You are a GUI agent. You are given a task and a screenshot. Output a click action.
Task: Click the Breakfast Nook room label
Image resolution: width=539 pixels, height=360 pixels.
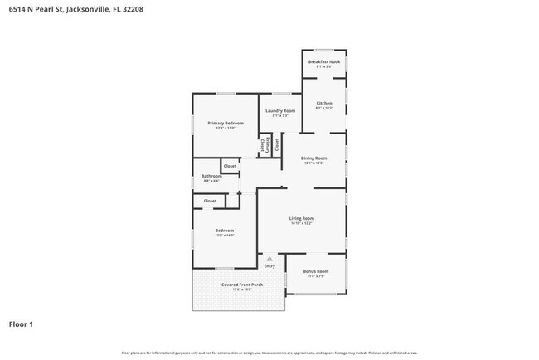point(324,61)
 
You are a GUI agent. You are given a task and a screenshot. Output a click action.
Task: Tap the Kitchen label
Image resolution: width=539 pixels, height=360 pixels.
point(324,104)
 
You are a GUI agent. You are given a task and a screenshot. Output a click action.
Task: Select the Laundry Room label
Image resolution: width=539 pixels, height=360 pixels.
point(280,110)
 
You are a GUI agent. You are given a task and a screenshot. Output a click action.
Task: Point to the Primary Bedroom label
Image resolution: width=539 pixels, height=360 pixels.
point(226,123)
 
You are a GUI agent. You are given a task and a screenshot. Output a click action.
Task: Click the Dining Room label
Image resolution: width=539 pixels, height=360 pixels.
point(313,158)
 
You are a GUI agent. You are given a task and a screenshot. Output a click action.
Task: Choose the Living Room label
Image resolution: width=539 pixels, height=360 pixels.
point(301,218)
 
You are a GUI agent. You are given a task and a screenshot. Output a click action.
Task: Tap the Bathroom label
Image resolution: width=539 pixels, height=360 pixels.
point(211,175)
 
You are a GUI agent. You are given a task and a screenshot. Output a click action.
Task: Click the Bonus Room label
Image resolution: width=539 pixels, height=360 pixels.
point(316,271)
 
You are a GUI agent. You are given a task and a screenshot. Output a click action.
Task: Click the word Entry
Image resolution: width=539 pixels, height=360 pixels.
point(269,265)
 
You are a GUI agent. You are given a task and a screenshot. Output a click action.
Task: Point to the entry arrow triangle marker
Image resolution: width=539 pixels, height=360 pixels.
point(269,258)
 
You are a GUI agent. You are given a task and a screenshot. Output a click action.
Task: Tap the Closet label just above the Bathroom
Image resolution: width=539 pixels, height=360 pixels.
point(230,166)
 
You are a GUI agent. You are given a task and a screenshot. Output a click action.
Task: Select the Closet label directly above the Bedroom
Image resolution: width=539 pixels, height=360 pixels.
point(210,200)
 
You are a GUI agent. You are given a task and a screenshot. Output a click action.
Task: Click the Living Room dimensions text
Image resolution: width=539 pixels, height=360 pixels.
point(301,224)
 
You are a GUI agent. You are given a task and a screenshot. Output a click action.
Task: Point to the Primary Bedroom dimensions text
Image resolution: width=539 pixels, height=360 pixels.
point(226,129)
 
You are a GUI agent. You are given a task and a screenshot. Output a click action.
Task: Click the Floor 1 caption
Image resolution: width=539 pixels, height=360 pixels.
point(21,324)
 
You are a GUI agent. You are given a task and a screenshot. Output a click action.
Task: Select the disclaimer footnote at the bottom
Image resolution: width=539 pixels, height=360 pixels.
point(269,353)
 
